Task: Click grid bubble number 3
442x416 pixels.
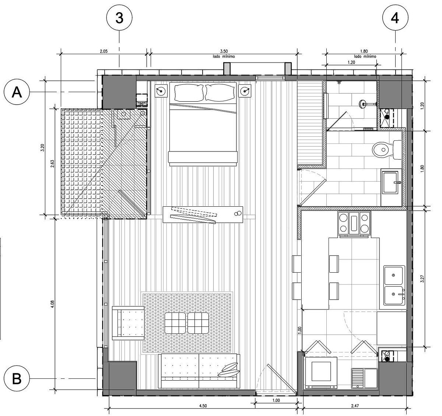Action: click(x=119, y=18)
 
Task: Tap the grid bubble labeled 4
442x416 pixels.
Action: click(x=395, y=18)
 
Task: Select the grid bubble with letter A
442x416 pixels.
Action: click(x=17, y=92)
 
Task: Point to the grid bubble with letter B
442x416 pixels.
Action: click(x=17, y=378)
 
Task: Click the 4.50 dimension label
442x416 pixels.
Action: click(x=203, y=406)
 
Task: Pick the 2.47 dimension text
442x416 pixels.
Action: click(x=355, y=406)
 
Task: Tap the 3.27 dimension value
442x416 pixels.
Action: click(x=422, y=279)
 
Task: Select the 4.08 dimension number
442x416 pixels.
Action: click(x=53, y=304)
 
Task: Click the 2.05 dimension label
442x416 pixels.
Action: click(x=104, y=51)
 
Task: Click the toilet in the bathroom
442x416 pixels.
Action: click(x=387, y=150)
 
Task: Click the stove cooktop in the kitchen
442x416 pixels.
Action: click(x=354, y=223)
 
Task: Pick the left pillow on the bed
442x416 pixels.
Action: click(x=189, y=92)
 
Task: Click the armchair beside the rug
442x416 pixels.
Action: click(x=128, y=323)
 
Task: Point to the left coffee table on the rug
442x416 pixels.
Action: click(x=175, y=323)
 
